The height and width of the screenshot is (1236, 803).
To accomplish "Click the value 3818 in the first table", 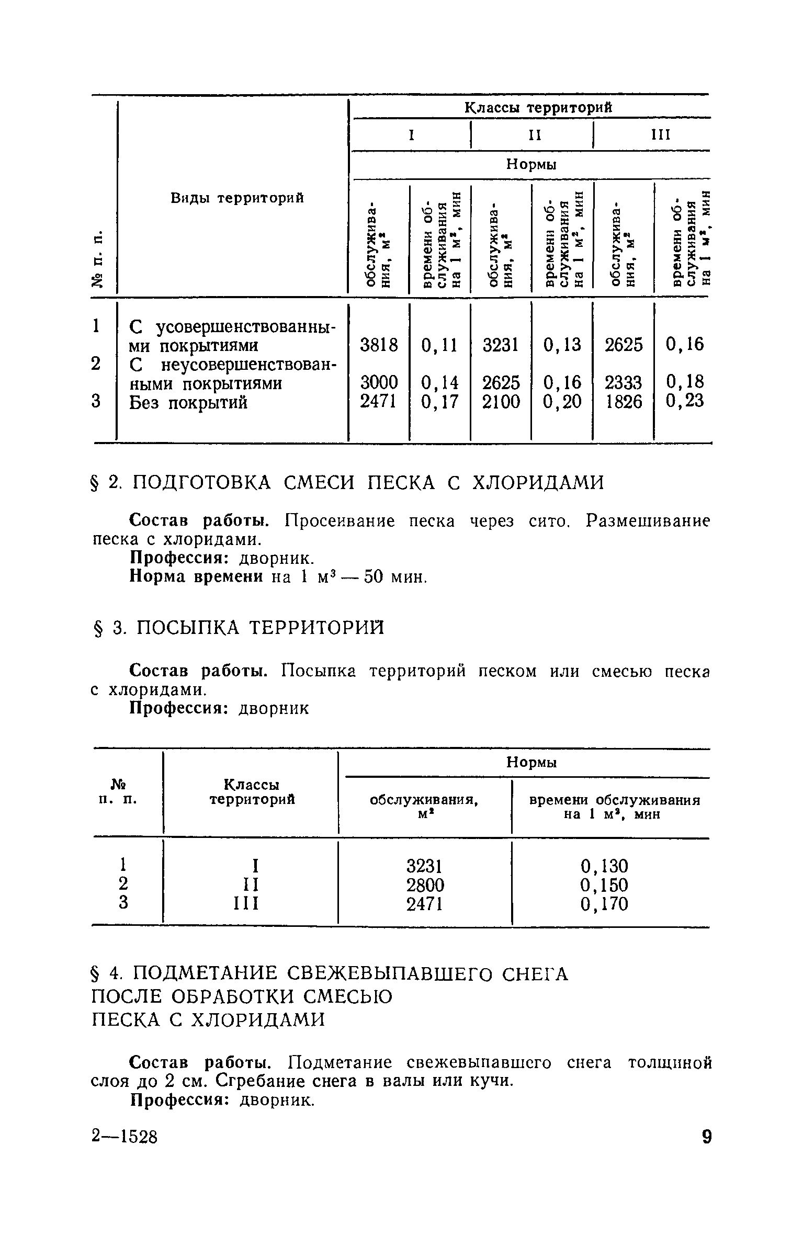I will [379, 345].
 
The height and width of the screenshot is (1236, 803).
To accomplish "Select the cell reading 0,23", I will [685, 401].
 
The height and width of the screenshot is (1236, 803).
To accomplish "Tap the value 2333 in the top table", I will [623, 383].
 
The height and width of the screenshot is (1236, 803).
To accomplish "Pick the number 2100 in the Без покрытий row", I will [501, 402].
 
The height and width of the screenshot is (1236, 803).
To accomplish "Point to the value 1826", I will [623, 402].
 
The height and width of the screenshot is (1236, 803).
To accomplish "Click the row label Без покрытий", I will [188, 402].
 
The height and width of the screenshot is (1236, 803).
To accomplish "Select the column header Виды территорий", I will [237, 198].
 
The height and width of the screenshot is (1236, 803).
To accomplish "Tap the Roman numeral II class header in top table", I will [534, 135].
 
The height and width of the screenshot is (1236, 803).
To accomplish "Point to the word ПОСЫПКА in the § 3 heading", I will [186, 627].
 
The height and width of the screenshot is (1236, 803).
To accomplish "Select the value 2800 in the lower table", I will [425, 885].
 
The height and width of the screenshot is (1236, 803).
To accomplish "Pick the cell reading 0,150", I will [604, 885].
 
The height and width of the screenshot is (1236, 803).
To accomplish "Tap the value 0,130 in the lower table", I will [604, 866].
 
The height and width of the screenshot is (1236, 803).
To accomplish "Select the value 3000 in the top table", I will [379, 383].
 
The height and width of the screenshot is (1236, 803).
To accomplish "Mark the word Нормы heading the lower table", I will [531, 763].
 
